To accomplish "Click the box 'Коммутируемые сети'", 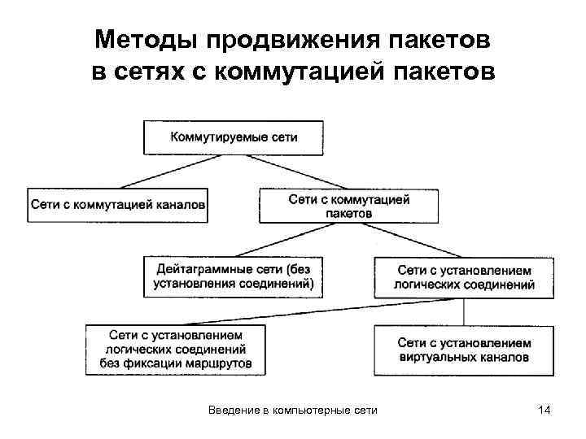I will click(234, 137).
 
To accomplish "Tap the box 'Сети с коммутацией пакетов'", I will click(348, 206).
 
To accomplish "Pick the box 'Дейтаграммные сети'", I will click(233, 276).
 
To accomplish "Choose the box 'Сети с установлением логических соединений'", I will click(464, 277).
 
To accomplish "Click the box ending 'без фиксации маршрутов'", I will click(176, 349).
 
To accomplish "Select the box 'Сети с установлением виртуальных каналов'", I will click(464, 350).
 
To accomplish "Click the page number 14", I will click(544, 411).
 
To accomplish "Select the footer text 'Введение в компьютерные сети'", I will click(292, 411).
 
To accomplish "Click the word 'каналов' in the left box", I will click(179, 205).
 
